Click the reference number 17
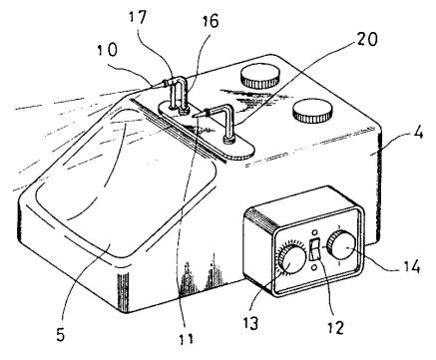click(138, 18)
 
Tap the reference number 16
click(211, 21)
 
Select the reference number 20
click(367, 39)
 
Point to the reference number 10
click(108, 50)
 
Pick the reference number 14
click(411, 266)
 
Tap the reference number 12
click(335, 327)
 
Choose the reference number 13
click(250, 322)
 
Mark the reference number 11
click(186, 338)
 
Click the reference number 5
click(60, 334)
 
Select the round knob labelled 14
click(340, 247)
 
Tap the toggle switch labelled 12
click(315, 249)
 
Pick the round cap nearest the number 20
click(259, 76)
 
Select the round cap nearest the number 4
click(312, 111)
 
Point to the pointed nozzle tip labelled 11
click(198, 115)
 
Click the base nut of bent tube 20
click(228, 140)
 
